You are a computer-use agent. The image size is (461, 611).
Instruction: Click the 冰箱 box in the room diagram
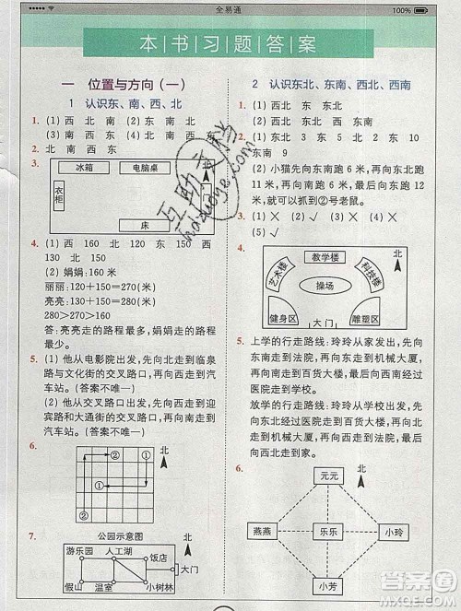(x=59, y=168)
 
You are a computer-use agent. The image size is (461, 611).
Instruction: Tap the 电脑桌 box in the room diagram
(x=125, y=168)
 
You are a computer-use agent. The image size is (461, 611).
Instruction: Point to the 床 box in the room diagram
(x=145, y=224)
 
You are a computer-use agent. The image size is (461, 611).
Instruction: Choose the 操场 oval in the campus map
(x=325, y=287)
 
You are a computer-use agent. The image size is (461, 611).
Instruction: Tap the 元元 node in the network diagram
(x=325, y=476)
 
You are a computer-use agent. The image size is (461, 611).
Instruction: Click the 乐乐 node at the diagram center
(x=325, y=532)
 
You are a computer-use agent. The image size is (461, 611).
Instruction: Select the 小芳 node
(x=325, y=585)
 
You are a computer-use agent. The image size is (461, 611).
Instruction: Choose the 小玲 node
(x=394, y=532)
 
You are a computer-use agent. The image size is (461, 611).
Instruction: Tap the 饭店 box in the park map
(x=158, y=557)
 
